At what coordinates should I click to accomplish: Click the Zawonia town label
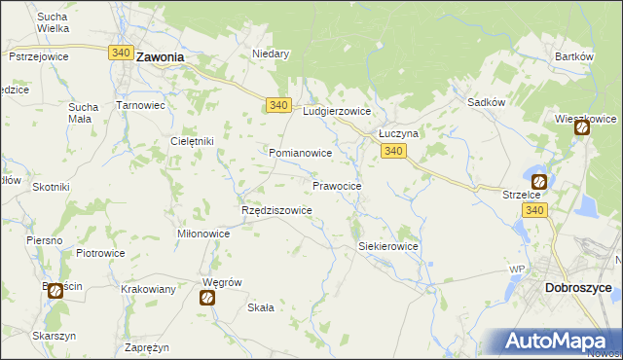click(161, 57)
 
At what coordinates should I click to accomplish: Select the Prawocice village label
click(337, 185)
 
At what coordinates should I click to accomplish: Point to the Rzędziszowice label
click(276, 210)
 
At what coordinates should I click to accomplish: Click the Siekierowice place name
click(388, 247)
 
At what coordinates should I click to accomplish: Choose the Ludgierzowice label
click(337, 112)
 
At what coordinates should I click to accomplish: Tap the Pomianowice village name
click(301, 154)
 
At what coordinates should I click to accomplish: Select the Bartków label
click(573, 56)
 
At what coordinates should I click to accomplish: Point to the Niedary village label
click(271, 54)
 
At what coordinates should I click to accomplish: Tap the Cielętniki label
click(192, 141)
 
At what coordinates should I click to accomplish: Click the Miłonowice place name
click(203, 234)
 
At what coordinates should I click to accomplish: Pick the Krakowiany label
click(148, 289)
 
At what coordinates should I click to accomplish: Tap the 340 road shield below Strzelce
click(533, 210)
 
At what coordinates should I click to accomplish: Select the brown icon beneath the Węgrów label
click(207, 299)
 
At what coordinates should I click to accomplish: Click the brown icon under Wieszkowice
click(582, 127)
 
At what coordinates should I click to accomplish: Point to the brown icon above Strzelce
click(538, 181)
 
